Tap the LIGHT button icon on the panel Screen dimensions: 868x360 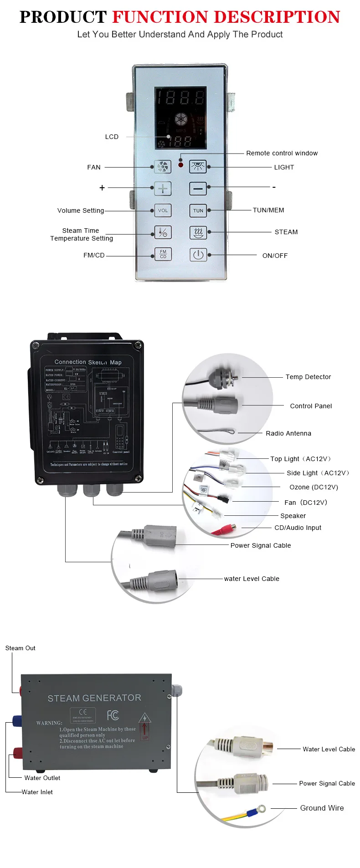(x=198, y=167)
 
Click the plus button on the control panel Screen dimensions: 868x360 (x=163, y=188)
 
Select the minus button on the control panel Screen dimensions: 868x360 (x=198, y=188)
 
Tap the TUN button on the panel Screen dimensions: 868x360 (x=198, y=211)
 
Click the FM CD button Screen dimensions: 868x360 (x=163, y=254)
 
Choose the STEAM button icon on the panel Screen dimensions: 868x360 (x=198, y=232)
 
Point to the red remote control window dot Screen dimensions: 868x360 (x=181, y=164)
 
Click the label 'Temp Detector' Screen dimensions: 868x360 (x=308, y=377)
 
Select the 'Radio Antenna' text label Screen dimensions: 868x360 (x=288, y=433)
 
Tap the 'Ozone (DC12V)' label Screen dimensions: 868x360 (x=314, y=487)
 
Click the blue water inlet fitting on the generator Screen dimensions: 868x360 (x=17, y=720)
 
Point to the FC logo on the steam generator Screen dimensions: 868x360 (x=113, y=715)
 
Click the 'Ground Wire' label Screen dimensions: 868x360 (x=322, y=808)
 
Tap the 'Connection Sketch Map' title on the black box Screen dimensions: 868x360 (x=88, y=362)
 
